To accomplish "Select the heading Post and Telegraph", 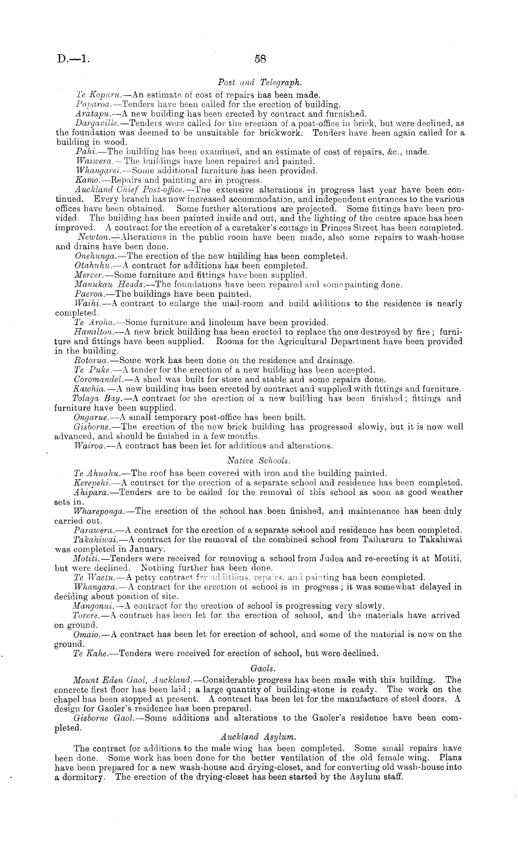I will [x=260, y=83].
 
